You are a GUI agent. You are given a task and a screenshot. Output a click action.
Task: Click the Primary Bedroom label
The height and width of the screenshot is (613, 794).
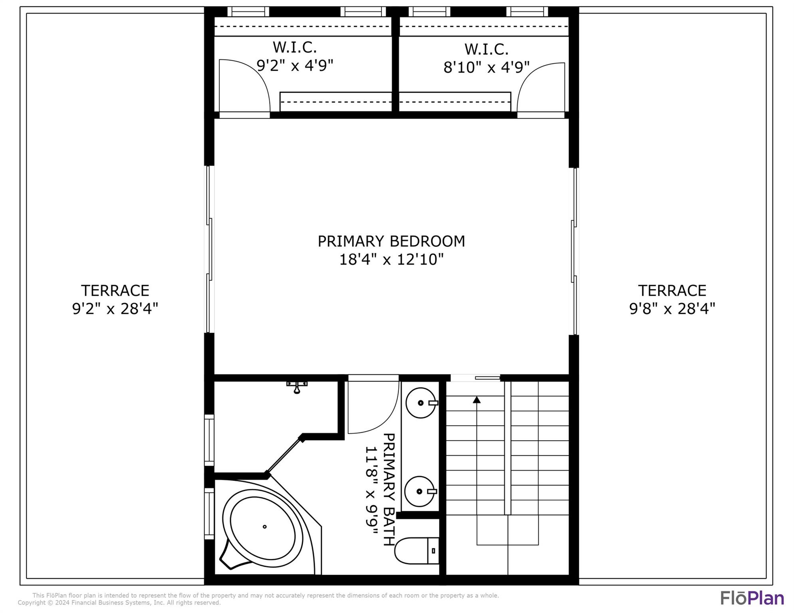click(391, 241)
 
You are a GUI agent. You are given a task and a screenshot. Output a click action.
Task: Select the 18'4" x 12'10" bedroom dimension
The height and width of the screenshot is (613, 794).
click(391, 259)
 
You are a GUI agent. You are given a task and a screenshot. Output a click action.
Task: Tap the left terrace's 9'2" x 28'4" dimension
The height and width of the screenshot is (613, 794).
click(115, 308)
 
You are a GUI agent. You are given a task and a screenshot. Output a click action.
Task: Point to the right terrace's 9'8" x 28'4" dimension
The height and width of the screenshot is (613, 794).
click(672, 308)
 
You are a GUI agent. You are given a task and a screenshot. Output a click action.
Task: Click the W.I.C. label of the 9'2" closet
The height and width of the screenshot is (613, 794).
click(295, 47)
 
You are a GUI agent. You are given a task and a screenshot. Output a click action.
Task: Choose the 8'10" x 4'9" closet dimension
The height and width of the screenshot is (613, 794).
click(486, 67)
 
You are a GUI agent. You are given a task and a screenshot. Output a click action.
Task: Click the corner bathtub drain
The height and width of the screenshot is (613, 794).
click(264, 527)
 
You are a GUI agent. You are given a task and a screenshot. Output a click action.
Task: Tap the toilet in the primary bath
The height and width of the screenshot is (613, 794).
click(417, 551)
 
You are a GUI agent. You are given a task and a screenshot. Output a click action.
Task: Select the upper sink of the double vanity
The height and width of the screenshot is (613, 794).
click(421, 403)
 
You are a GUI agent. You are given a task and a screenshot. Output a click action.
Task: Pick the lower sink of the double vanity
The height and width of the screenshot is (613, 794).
click(420, 491)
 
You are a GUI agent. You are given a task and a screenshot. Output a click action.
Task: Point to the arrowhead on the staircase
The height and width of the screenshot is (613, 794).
click(476, 399)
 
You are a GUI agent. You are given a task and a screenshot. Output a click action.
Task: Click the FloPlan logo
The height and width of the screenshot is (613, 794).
click(752, 598)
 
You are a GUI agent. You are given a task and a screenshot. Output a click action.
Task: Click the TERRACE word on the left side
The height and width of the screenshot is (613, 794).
click(115, 291)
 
